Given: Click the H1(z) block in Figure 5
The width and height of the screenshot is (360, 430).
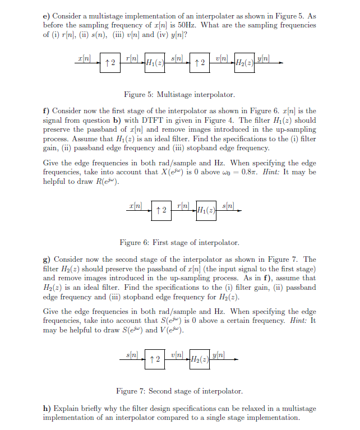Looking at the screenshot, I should click(155, 63).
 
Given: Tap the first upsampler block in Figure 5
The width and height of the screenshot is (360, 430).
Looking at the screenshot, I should click(110, 63).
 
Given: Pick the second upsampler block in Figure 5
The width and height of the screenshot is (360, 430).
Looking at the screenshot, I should click(199, 63).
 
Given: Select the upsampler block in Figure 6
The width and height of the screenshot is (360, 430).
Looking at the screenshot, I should click(161, 210).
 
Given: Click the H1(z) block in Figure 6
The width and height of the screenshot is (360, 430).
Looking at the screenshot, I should click(206, 210).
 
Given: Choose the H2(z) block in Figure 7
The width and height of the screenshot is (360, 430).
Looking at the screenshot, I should click(200, 359).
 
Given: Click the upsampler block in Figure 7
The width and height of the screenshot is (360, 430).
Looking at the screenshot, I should click(155, 359).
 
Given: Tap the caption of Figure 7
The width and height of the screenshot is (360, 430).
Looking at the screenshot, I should click(179, 391).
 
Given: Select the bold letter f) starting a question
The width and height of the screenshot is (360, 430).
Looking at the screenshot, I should click(47, 111).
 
